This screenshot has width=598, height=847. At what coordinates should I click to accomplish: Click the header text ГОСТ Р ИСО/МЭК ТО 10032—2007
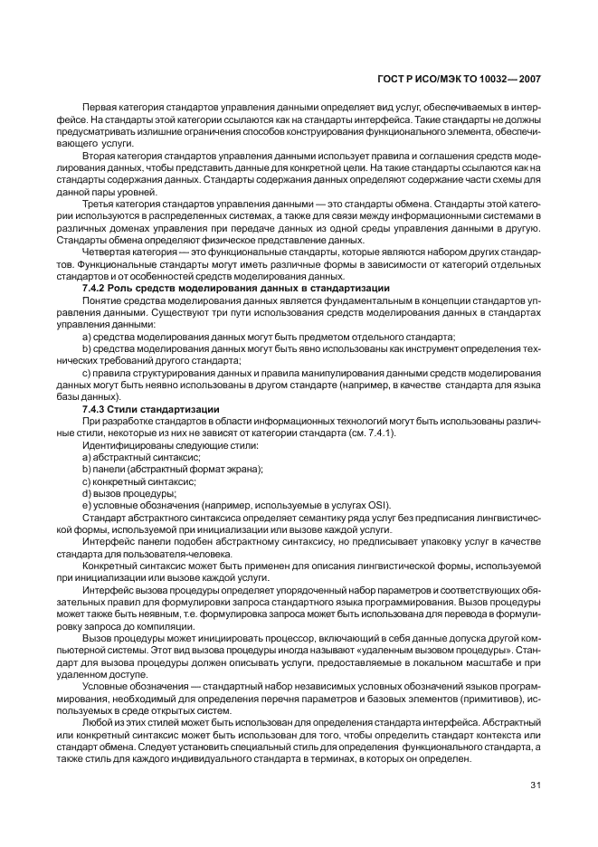click(458, 80)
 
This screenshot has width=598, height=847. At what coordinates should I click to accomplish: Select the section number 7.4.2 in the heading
click(95, 287)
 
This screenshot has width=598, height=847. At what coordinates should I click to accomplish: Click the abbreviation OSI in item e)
click(378, 505)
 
